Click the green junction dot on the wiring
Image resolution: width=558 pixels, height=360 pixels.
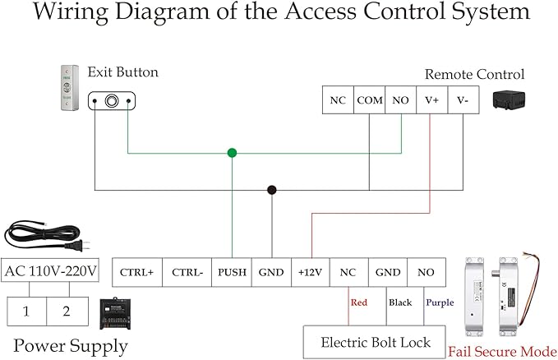[x=232, y=153]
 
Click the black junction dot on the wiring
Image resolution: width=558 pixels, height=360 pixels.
[x=271, y=190]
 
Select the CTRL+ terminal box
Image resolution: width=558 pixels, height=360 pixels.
[x=136, y=272]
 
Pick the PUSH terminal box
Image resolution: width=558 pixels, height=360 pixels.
[x=232, y=272]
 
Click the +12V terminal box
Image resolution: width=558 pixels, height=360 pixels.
[x=311, y=272]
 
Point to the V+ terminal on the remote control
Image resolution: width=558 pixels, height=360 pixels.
[x=431, y=100]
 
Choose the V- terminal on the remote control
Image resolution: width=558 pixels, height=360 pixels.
[x=463, y=100]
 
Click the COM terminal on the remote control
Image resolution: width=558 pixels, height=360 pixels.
[x=369, y=100]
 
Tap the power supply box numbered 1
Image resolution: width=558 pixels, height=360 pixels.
[x=27, y=312]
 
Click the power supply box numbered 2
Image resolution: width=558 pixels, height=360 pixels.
[x=65, y=312]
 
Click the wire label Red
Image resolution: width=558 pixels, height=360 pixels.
[x=359, y=302]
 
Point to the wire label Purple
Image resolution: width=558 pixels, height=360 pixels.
[x=440, y=302]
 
